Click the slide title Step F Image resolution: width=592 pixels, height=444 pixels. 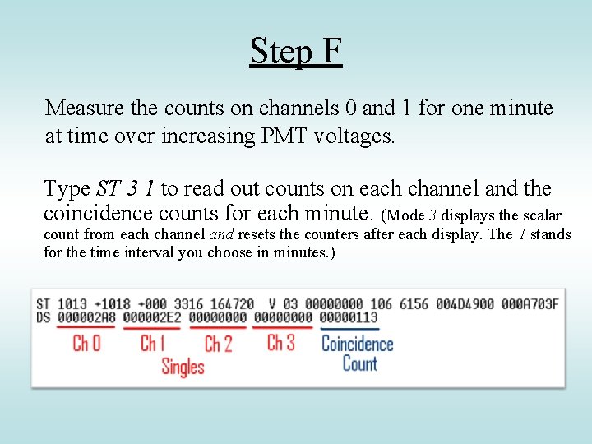pos(295,51)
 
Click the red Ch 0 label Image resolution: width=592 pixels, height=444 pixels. pos(86,343)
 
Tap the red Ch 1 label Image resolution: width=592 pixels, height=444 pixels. pos(153,343)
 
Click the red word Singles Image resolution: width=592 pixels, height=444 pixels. pos(183,366)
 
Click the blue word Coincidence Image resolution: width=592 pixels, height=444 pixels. pos(357,344)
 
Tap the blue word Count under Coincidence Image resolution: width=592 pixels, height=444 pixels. pos(359,364)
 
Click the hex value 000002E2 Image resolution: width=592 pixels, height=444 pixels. pos(153,317)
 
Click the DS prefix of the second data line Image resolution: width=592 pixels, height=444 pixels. pos(43,317)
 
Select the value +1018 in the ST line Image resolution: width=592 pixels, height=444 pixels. pos(118,303)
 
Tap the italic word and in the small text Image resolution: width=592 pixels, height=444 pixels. pos(222,234)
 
